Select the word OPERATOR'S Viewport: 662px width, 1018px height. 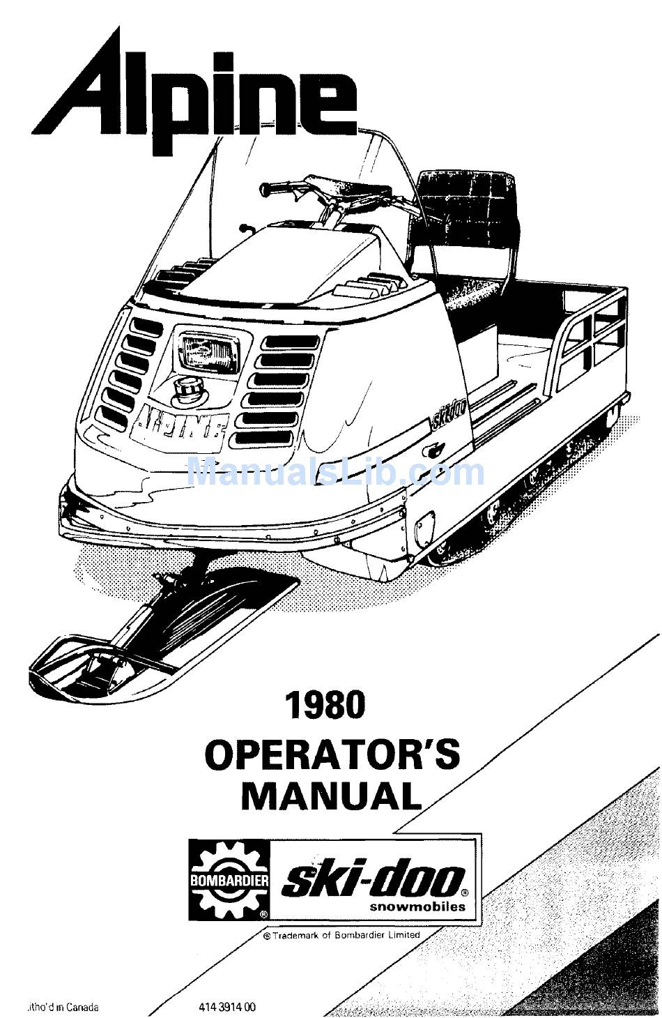[x=332, y=754]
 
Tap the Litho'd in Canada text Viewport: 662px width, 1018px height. [x=63, y=1007]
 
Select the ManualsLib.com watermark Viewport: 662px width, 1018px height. [x=337, y=472]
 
